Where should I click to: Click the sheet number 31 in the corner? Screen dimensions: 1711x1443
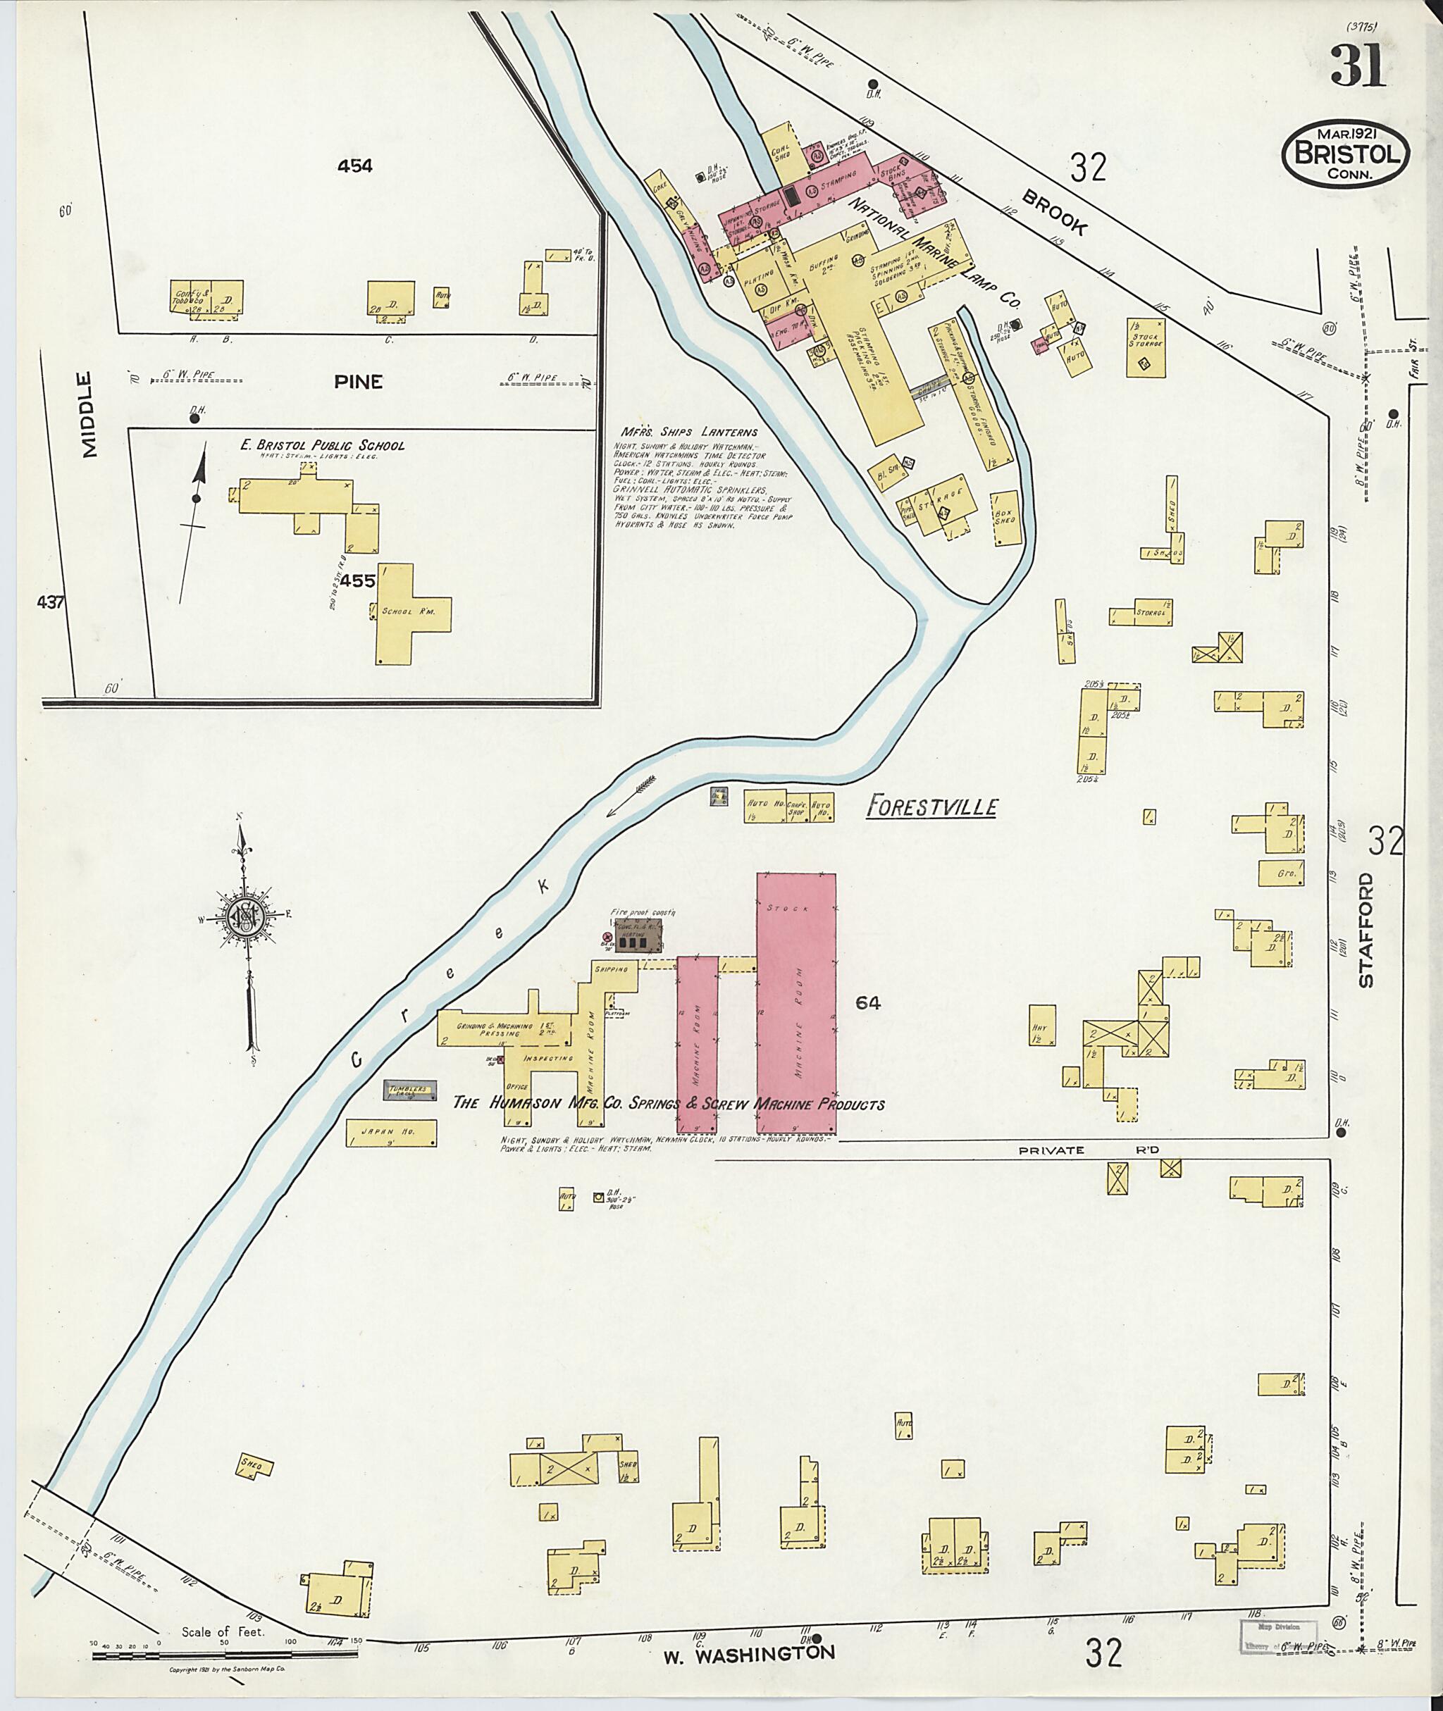coord(1357,66)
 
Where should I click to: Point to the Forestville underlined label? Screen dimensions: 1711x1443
coord(931,808)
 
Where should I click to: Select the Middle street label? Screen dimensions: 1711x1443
coord(87,414)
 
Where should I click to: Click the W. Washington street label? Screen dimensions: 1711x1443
coord(748,1652)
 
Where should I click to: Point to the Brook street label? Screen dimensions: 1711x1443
coord(1055,215)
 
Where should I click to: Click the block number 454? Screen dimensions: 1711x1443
coord(354,166)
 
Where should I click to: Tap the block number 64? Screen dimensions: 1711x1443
coord(868,1002)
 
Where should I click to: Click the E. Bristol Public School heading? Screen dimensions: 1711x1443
coord(321,446)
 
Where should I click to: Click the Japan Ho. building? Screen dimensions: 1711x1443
coord(391,1133)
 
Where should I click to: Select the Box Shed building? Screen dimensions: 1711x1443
coord(1005,518)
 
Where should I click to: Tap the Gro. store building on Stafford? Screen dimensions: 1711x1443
coord(1280,873)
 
